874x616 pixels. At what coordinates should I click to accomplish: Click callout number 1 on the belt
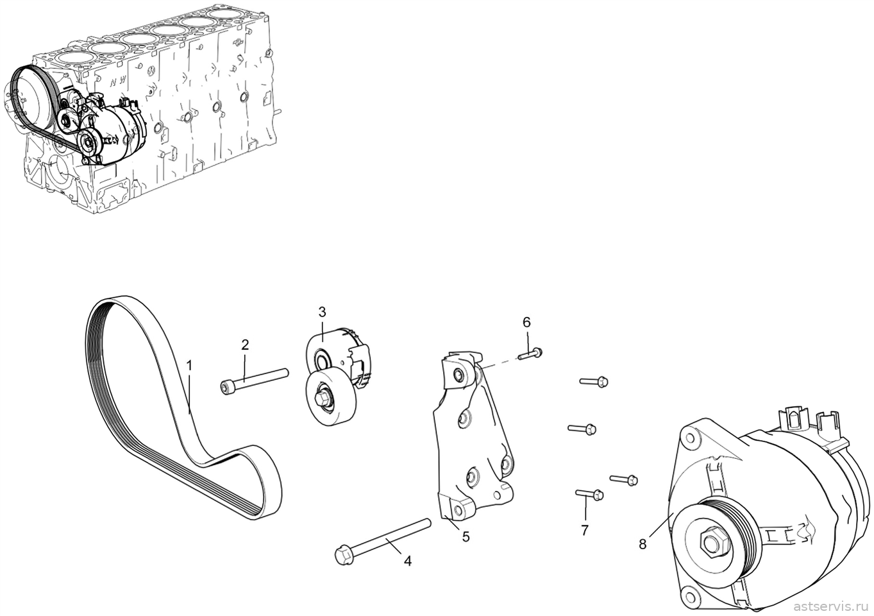(189, 366)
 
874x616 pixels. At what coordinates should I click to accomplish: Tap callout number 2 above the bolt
(245, 345)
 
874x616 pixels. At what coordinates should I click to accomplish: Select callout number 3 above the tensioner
(322, 312)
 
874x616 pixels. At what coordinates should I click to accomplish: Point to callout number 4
(407, 561)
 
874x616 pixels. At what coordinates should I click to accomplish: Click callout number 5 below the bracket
(466, 537)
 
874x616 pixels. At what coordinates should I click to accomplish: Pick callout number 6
(526, 323)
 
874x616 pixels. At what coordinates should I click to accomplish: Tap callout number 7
(585, 531)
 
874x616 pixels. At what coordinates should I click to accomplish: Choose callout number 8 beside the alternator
(643, 544)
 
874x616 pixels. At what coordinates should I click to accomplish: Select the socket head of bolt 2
(226, 388)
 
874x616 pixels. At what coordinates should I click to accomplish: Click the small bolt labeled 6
(530, 354)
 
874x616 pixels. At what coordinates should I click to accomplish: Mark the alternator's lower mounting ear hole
(691, 597)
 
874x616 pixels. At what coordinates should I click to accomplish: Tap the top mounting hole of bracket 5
(458, 375)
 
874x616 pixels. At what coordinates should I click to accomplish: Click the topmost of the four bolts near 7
(594, 381)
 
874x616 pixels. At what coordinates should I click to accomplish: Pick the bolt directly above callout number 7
(589, 494)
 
